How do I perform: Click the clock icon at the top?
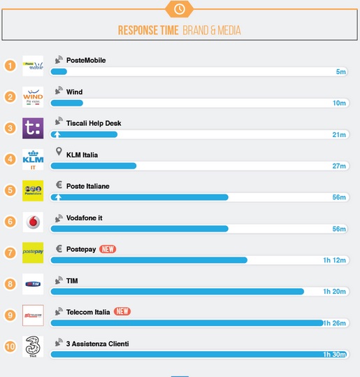180,8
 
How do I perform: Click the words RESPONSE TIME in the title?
148,31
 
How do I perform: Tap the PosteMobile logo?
33,66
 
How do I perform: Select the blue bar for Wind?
67,104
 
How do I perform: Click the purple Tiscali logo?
33,128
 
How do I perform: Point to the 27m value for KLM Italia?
339,166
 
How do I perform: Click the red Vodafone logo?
33,222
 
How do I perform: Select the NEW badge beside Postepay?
107,249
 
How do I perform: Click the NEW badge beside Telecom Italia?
122,312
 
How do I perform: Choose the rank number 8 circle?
10,284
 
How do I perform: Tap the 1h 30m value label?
334,355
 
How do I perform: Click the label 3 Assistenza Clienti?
97,343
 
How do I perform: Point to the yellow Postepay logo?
33,252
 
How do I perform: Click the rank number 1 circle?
10,66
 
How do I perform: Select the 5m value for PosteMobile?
340,72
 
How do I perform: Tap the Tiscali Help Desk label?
93,123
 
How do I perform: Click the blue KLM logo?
33,159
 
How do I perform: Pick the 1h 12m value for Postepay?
334,260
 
